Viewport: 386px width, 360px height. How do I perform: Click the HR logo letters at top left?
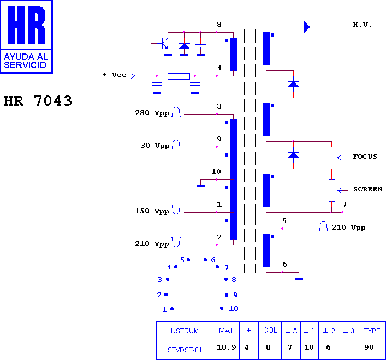click(26, 25)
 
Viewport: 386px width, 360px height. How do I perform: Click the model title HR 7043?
click(38, 101)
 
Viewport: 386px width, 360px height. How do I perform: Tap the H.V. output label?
click(362, 25)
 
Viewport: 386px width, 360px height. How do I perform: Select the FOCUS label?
click(365, 157)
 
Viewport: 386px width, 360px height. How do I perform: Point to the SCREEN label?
click(367, 189)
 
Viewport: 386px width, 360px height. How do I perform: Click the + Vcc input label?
click(115, 75)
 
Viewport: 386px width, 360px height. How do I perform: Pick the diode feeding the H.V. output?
click(307, 27)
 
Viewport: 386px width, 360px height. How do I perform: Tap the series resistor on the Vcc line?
click(179, 76)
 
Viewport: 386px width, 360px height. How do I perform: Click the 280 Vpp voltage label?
click(152, 113)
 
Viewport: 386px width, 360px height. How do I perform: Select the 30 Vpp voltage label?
click(155, 146)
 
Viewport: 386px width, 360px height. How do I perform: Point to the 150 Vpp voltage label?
click(152, 211)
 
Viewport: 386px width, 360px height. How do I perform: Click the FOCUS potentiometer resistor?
click(332, 158)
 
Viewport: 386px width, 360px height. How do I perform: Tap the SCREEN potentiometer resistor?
click(332, 190)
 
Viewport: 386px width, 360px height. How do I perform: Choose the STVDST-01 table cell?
click(185, 350)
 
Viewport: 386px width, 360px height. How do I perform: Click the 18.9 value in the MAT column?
click(227, 347)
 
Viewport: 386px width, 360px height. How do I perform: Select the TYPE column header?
click(372, 331)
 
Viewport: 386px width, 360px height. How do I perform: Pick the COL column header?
click(270, 330)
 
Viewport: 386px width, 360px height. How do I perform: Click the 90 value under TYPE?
click(369, 347)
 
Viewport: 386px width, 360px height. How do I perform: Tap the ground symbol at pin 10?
click(200, 186)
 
